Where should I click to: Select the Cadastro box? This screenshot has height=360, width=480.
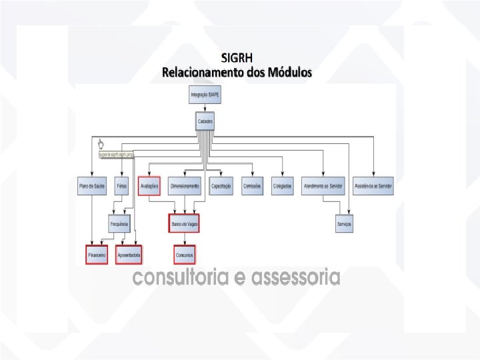pyautogui.click(x=205, y=122)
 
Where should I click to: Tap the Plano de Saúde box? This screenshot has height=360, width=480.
pyautogui.click(x=91, y=186)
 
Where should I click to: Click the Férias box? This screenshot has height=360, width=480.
pyautogui.click(x=121, y=186)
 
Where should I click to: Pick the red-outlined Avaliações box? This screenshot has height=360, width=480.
pyautogui.click(x=149, y=186)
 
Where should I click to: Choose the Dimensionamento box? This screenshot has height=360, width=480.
pyautogui.click(x=185, y=186)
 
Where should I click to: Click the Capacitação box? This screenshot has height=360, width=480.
pyautogui.click(x=221, y=186)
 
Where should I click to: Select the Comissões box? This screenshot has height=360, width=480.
pyautogui.click(x=251, y=186)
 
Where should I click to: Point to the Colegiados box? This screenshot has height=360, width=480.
pyautogui.click(x=282, y=186)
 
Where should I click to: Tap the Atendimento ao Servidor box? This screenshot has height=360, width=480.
pyautogui.click(x=323, y=186)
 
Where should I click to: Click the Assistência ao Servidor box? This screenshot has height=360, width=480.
pyautogui.click(x=374, y=186)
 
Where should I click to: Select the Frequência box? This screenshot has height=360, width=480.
pyautogui.click(x=120, y=223)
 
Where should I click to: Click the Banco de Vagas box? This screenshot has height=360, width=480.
pyautogui.click(x=184, y=223)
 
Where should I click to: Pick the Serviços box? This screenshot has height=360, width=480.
pyautogui.click(x=344, y=224)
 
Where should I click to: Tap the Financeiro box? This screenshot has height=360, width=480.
pyautogui.click(x=96, y=255)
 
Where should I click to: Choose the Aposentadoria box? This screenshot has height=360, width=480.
pyautogui.click(x=129, y=255)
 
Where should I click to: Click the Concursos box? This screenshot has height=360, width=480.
pyautogui.click(x=184, y=255)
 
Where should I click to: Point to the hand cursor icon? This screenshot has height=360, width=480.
pyautogui.click(x=101, y=144)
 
